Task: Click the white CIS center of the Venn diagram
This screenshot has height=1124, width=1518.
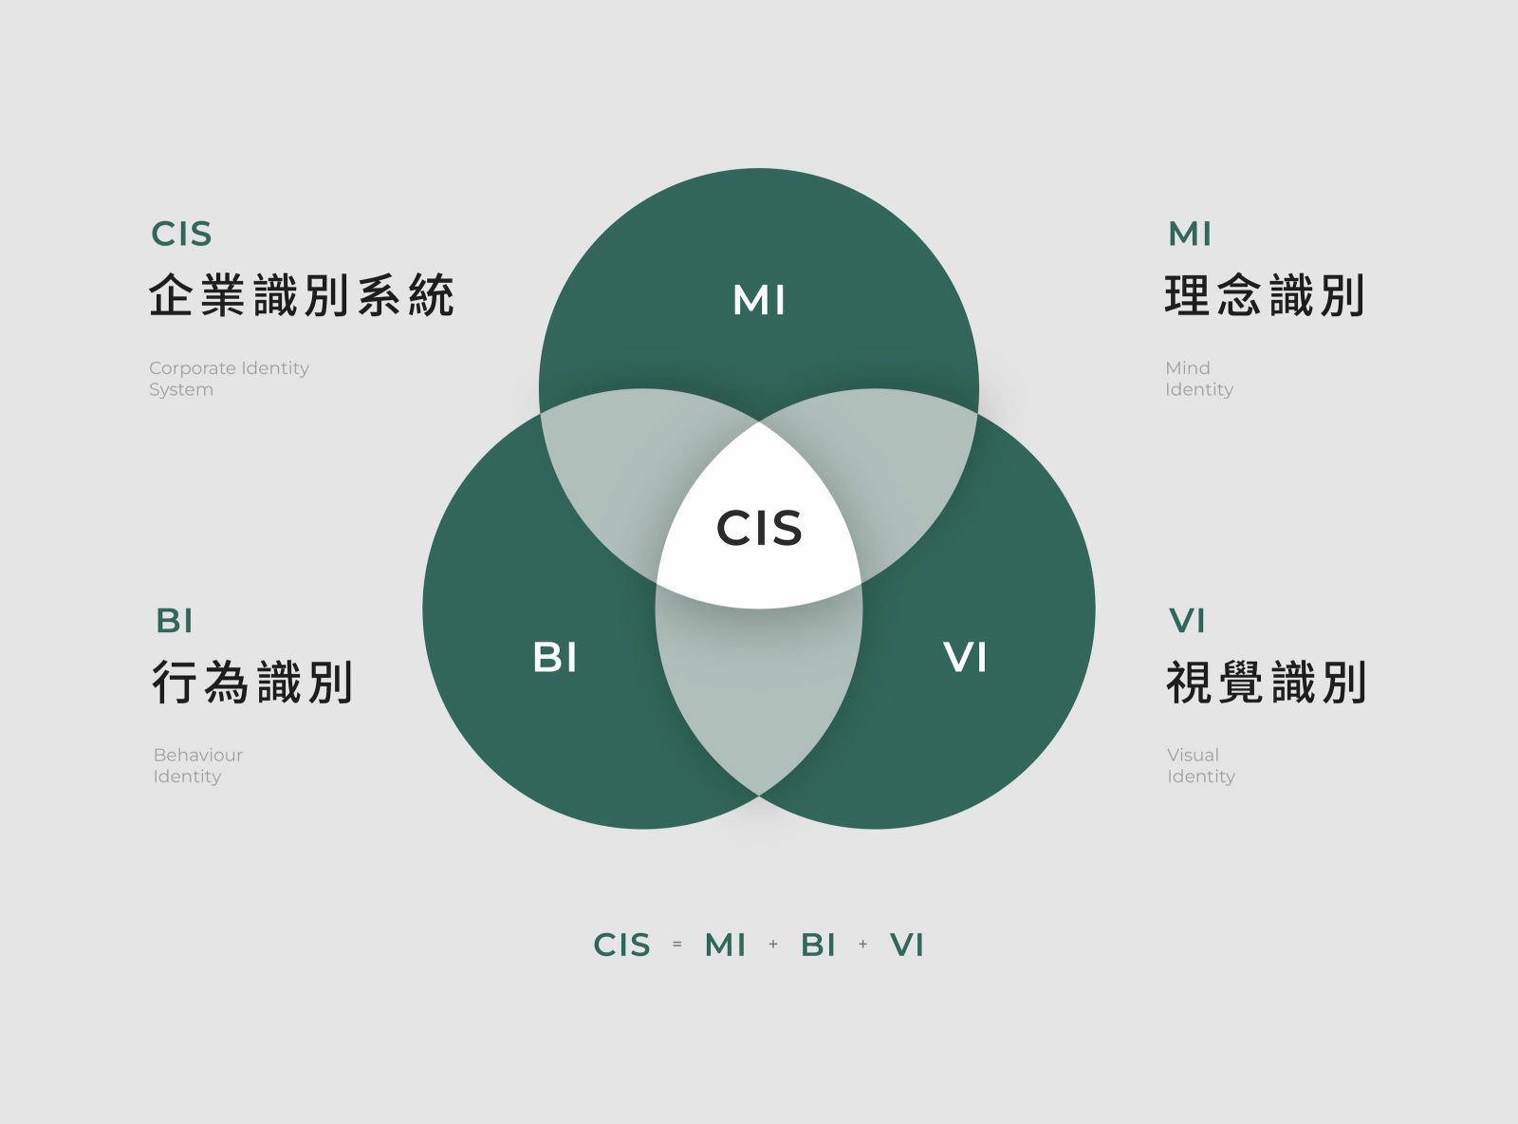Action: tap(759, 528)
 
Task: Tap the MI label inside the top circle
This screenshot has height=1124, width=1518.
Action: tap(759, 300)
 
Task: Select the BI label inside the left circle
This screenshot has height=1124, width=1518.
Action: tap(555, 657)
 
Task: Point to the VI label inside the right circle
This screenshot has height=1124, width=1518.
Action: tap(965, 657)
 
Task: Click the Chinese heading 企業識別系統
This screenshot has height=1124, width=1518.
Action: tap(302, 295)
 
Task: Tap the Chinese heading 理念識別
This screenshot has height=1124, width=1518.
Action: tap(1265, 295)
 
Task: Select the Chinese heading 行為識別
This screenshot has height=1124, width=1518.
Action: tap(252, 683)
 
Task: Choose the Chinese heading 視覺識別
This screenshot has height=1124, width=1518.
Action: tap(1267, 683)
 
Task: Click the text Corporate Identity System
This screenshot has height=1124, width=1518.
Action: tap(229, 378)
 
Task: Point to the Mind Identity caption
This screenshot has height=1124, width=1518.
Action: tap(1199, 378)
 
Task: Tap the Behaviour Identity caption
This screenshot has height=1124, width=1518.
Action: tap(197, 765)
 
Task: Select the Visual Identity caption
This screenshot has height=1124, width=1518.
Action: tap(1201, 765)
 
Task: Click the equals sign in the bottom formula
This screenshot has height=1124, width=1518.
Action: tap(677, 944)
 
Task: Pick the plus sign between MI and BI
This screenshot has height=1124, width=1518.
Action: tap(773, 944)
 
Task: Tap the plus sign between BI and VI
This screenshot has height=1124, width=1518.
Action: tap(862, 944)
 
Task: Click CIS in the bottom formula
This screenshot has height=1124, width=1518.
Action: tap(621, 945)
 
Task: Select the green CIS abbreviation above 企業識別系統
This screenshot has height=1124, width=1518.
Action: tap(181, 234)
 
